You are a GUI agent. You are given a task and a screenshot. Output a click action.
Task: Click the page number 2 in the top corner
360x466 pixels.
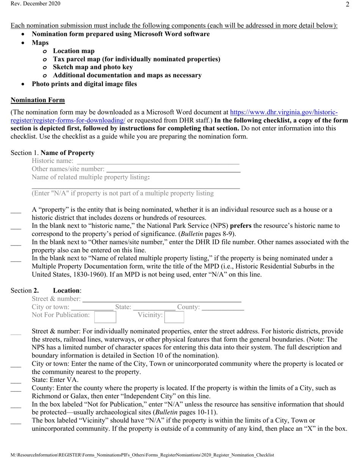point(347,5)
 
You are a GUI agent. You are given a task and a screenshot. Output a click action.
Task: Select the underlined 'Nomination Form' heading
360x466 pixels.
point(38,100)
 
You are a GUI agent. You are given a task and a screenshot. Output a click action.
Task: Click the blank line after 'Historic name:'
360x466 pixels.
point(158,162)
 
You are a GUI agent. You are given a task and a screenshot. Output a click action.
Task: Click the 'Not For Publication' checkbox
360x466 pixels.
point(105,316)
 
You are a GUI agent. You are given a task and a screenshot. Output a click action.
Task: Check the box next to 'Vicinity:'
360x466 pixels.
point(174,316)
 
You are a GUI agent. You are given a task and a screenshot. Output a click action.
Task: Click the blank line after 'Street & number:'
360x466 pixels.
point(162,299)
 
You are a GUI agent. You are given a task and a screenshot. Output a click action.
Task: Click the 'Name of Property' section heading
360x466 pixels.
point(67,153)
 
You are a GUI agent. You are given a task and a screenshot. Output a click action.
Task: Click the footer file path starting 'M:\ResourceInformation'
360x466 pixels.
point(142,455)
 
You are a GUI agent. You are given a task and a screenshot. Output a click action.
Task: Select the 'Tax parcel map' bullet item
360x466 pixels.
point(136,59)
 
